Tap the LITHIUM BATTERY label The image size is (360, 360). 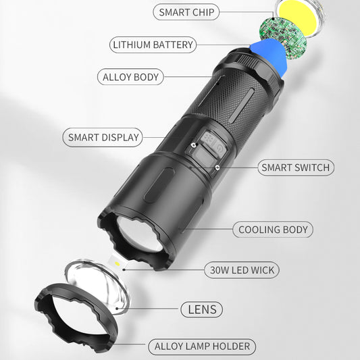pyautogui.click(x=153, y=45)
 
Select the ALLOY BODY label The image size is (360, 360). pyautogui.click(x=131, y=77)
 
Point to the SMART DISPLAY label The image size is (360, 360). pyautogui.click(x=103, y=138)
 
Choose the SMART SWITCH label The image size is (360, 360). pyautogui.click(x=296, y=168)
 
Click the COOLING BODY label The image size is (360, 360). pyautogui.click(x=273, y=230)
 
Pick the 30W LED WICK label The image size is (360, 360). pyautogui.click(x=240, y=271)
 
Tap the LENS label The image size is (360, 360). pyautogui.click(x=201, y=310)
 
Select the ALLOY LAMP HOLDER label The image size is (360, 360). pyautogui.click(x=203, y=347)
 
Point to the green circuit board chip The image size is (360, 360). pyautogui.click(x=284, y=40)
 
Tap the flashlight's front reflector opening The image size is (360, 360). pyautogui.click(x=139, y=233)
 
